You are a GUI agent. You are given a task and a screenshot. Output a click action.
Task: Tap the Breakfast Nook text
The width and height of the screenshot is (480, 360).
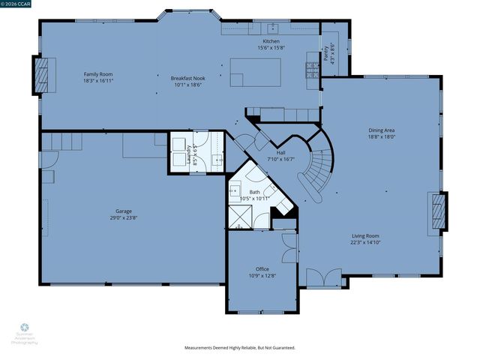coord(187,78)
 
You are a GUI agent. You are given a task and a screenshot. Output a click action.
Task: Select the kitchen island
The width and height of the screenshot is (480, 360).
coord(256,72)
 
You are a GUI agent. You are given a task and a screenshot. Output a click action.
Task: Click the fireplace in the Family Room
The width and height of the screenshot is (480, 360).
coord(41,74)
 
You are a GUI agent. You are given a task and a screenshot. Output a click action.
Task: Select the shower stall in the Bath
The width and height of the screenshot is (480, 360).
coord(241,217)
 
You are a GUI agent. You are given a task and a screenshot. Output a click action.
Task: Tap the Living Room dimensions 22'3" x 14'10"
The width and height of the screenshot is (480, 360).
coord(366,241)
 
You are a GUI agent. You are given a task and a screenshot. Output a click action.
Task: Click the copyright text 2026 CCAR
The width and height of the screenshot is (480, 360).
coord(18,5)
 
